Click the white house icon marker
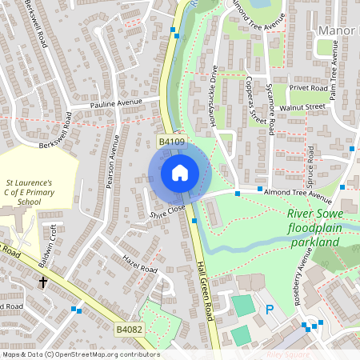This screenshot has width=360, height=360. [179, 173]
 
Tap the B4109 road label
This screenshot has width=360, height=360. [171, 142]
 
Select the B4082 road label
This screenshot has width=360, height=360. [129, 329]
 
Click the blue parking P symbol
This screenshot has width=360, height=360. [270, 309]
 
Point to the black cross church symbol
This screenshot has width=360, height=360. [42, 282]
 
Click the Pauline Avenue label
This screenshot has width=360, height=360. [117, 103]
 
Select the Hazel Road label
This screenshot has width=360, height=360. [139, 265]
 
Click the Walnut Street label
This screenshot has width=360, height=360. [302, 106]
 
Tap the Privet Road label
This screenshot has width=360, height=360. [309, 89]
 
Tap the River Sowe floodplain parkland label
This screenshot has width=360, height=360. [321, 226]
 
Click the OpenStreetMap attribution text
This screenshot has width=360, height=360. [80, 354]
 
